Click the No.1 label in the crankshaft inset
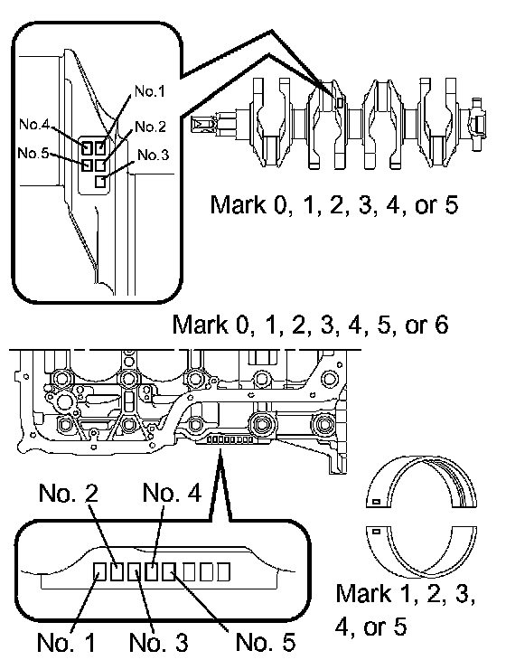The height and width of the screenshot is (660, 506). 150,91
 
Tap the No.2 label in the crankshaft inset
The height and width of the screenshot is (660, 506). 151,127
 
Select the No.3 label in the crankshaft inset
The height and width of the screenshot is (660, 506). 153,155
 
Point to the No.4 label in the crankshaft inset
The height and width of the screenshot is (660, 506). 34,124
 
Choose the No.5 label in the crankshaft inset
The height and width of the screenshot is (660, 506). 33,153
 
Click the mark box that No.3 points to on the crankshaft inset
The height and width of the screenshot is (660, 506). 100,182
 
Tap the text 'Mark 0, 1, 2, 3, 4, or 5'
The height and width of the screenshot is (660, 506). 333,205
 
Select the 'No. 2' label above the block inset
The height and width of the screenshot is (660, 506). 68,493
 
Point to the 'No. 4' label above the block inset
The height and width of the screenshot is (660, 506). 172,492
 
